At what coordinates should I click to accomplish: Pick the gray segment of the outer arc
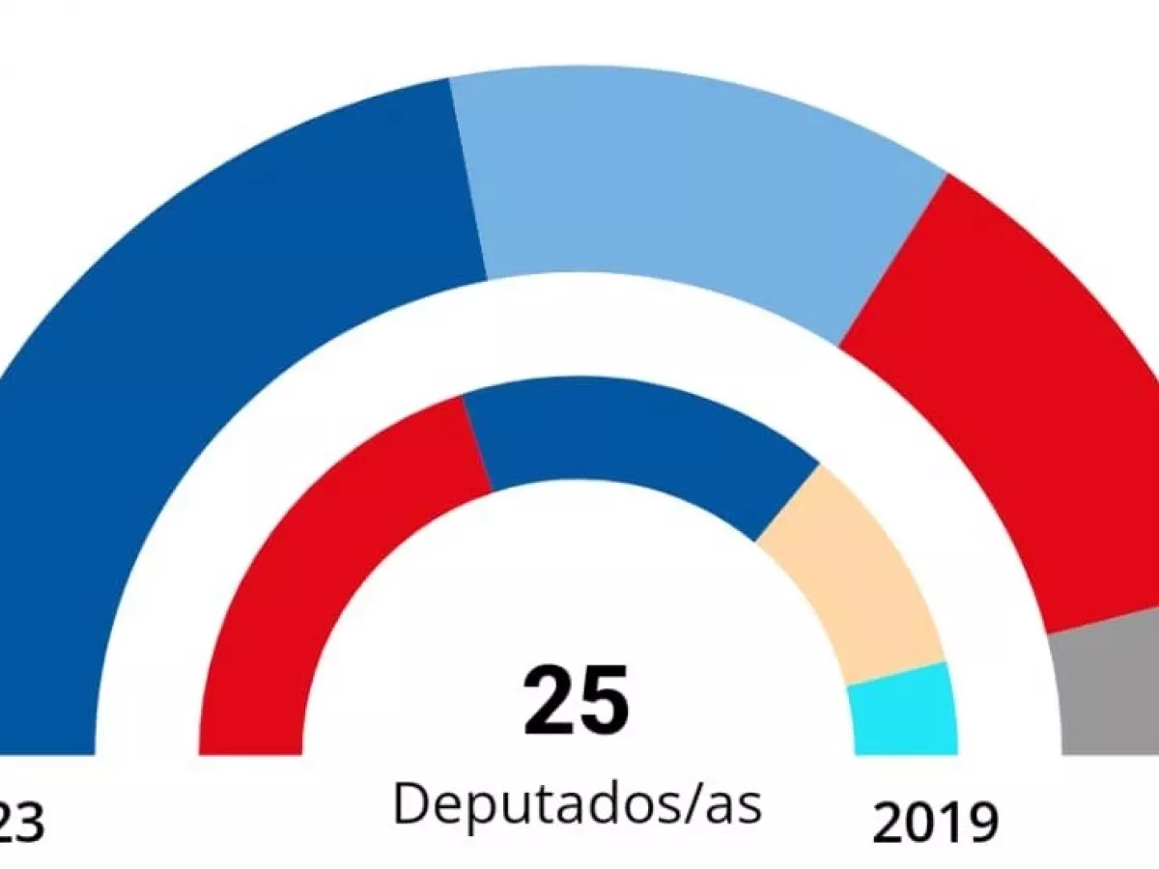[1111, 686]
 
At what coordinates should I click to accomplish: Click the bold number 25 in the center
[577, 700]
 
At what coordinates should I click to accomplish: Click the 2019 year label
[934, 824]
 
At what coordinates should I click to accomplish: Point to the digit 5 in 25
[605, 700]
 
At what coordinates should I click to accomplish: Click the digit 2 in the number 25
[548, 700]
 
